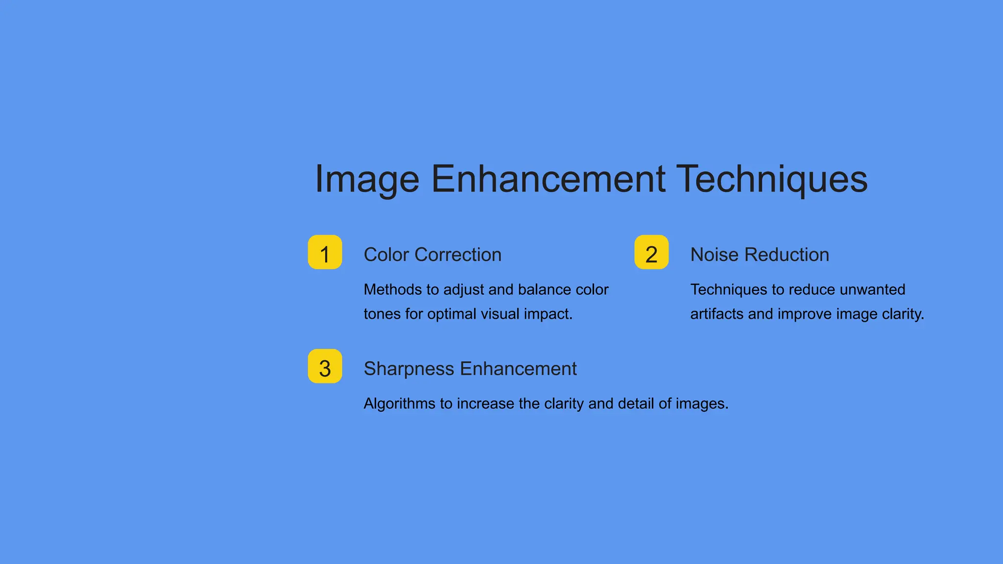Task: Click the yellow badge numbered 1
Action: point(325,252)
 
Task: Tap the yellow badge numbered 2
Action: point(651,252)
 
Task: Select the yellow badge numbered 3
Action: point(325,366)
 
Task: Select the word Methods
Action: point(393,289)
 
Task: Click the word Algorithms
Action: point(400,403)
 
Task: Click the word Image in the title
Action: point(367,179)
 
